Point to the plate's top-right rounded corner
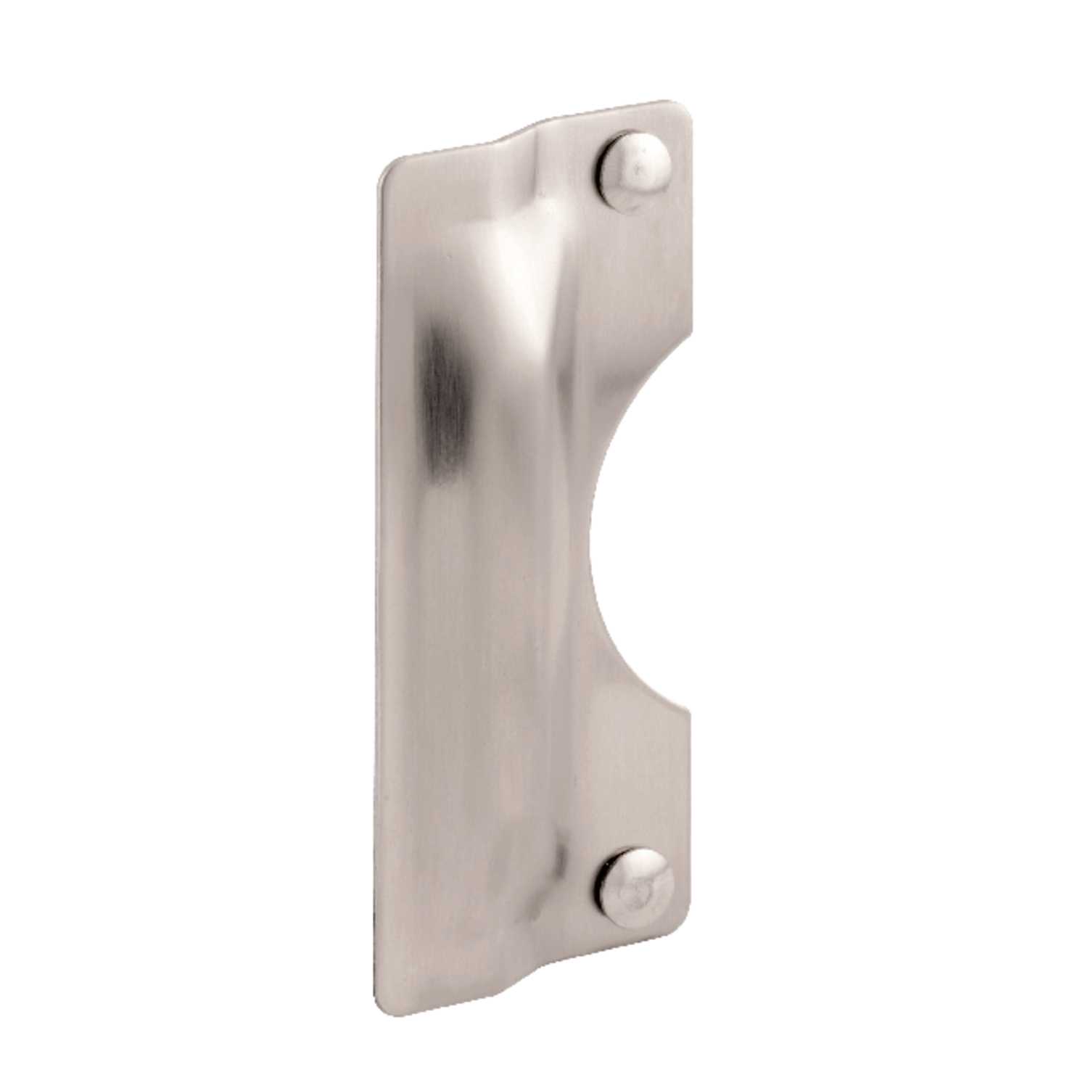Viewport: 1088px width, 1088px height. tap(682, 107)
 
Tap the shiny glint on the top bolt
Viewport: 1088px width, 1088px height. tap(638, 170)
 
